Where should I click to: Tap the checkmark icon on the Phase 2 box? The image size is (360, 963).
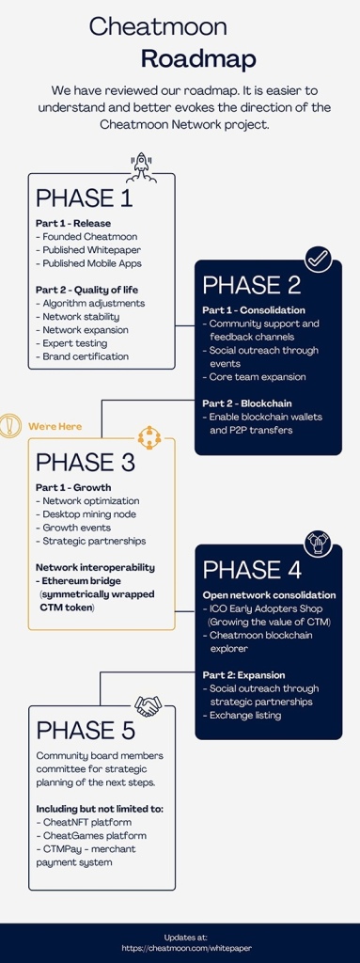pos(318,260)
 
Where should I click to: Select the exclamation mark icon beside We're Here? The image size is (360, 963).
pos(9,425)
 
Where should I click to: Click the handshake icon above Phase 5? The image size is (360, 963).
pos(148,705)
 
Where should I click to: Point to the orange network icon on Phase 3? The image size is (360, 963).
pos(149,437)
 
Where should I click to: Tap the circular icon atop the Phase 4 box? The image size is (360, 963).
pos(319,545)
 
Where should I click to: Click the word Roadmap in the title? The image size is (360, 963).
pos(198,59)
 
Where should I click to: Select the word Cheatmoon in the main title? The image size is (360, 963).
pos(158,26)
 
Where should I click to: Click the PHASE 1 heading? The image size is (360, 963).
pos(85,198)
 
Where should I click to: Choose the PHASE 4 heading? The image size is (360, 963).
pos(252,570)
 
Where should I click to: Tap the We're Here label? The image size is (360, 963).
pos(55,426)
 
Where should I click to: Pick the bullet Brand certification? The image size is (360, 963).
pos(82,356)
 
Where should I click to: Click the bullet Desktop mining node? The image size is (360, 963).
pos(86,514)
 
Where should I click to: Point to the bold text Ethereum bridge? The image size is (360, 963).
pos(81,581)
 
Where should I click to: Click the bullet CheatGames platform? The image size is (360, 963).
pos(87,835)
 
